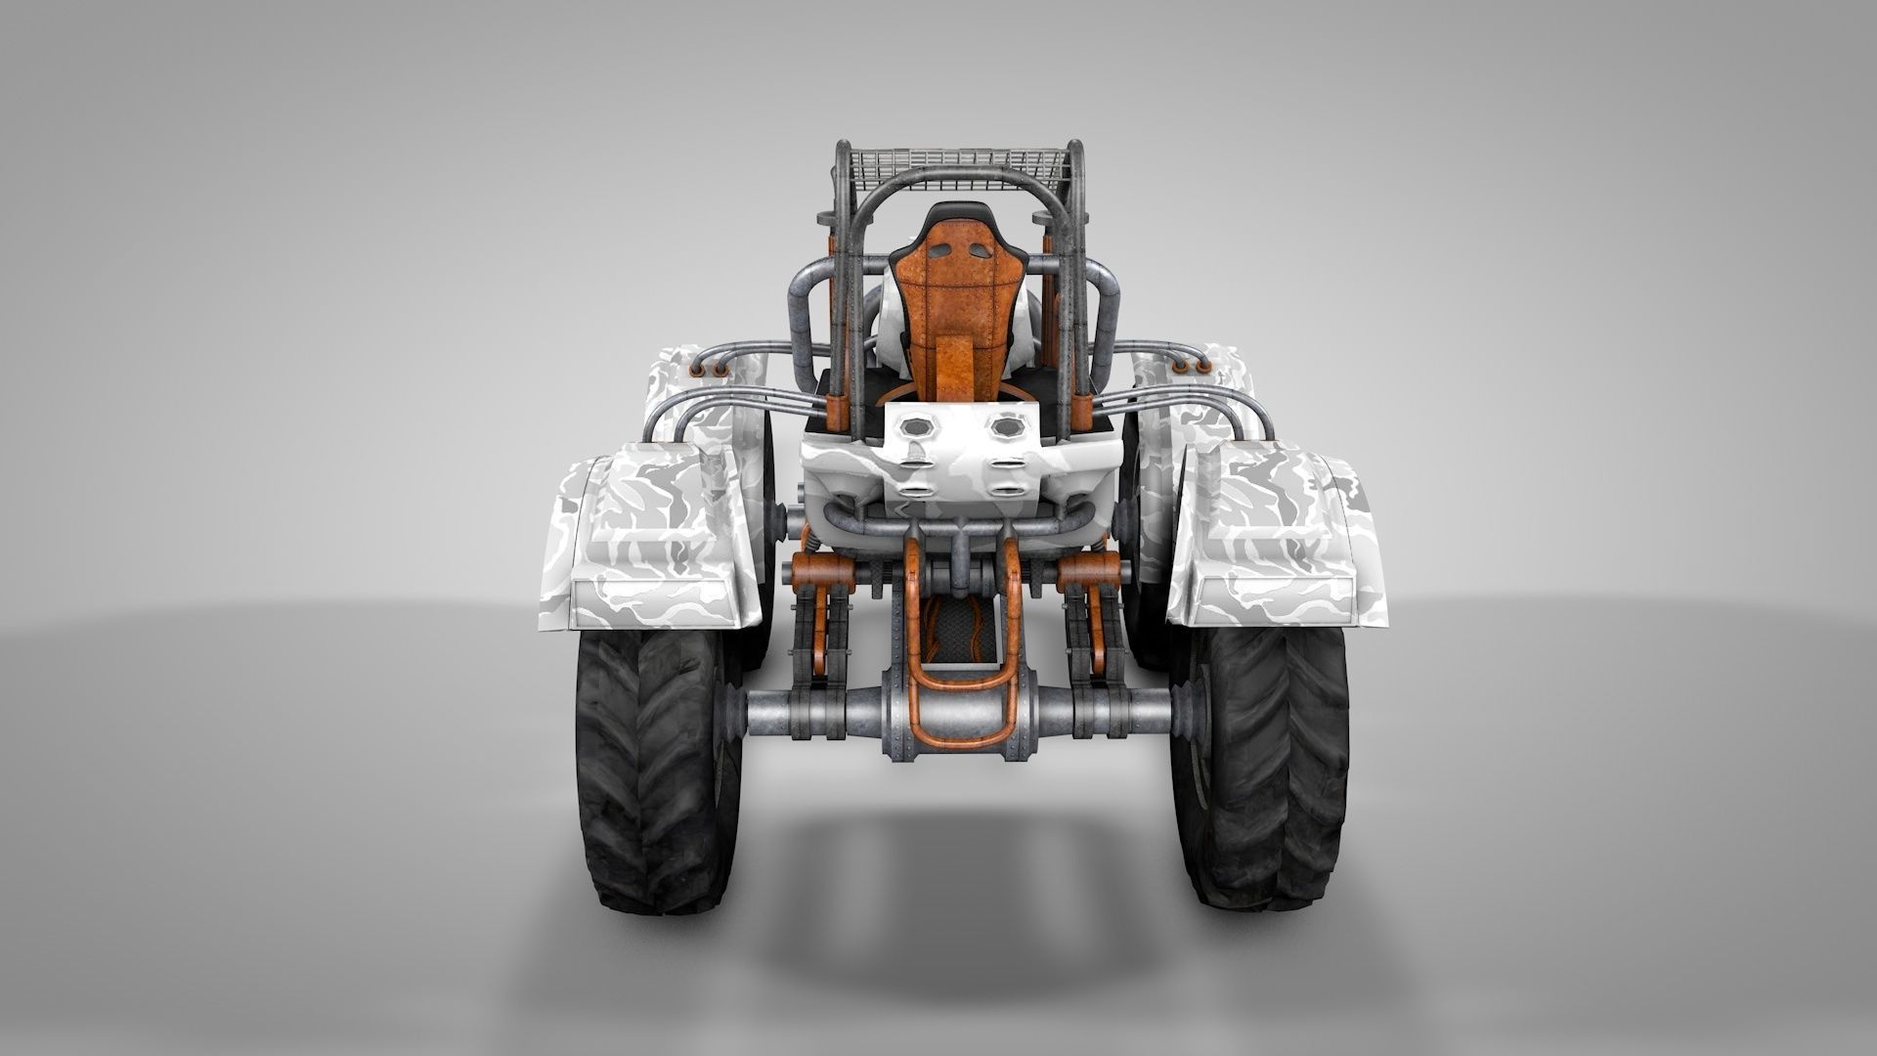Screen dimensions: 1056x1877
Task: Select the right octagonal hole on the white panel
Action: [x=1005, y=427]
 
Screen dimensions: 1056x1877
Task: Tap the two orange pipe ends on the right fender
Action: [x=1189, y=367]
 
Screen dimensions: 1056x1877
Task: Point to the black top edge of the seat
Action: [x=946, y=210]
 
